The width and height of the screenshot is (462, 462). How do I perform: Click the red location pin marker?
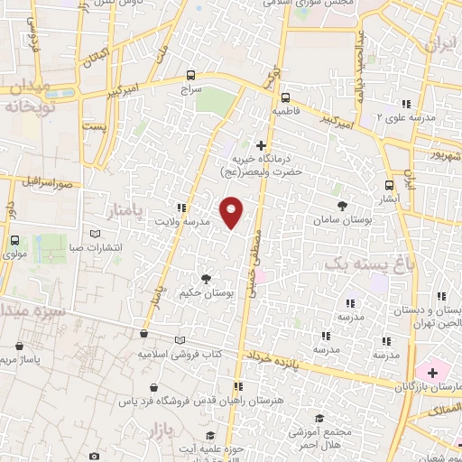(232, 212)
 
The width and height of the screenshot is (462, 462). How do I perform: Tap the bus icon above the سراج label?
(189, 76)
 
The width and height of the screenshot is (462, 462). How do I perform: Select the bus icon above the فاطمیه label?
(284, 97)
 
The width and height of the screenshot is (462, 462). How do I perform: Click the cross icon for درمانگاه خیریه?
(262, 145)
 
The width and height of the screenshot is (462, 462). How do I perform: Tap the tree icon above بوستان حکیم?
(206, 279)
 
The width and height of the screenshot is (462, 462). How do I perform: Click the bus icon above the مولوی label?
(16, 241)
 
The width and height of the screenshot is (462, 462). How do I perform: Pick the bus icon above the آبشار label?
(389, 186)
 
